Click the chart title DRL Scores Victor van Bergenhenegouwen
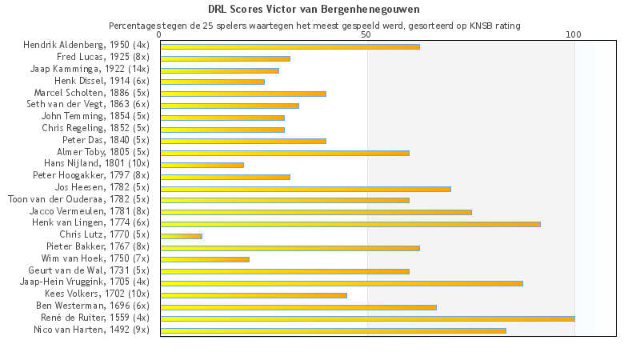point(315,10)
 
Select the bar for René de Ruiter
point(367,318)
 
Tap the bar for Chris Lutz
point(181,236)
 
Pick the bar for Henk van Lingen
point(350,224)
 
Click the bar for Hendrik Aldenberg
point(290,46)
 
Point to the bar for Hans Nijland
point(202,165)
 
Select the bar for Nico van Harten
point(333,330)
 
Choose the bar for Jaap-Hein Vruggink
point(342,283)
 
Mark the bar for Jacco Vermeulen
point(316,212)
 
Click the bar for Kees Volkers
point(254,295)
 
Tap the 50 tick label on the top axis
point(366,35)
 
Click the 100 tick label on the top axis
point(574,35)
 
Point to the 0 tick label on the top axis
point(160,35)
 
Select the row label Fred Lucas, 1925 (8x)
point(103,58)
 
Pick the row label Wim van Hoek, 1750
point(95,259)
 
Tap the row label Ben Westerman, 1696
point(93,306)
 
